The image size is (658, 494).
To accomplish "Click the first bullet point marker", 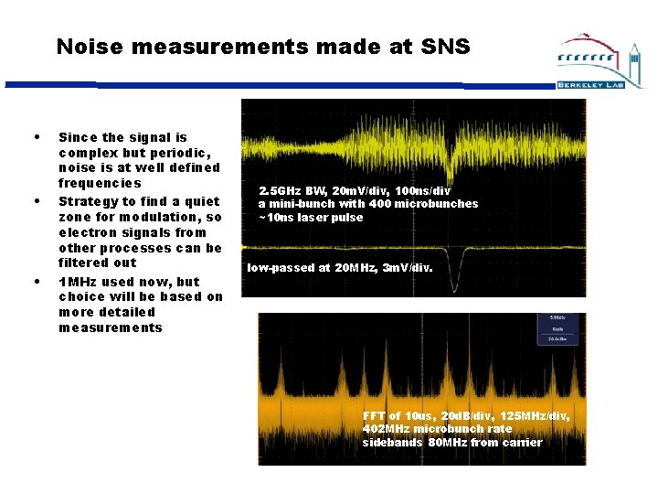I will click(36, 137).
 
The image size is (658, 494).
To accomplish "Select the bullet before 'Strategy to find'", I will click(36, 201).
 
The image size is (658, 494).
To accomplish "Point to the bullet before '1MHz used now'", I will click(36, 281).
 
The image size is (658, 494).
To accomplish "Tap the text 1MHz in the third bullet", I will click(77, 282).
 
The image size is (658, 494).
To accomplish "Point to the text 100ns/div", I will click(423, 190).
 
